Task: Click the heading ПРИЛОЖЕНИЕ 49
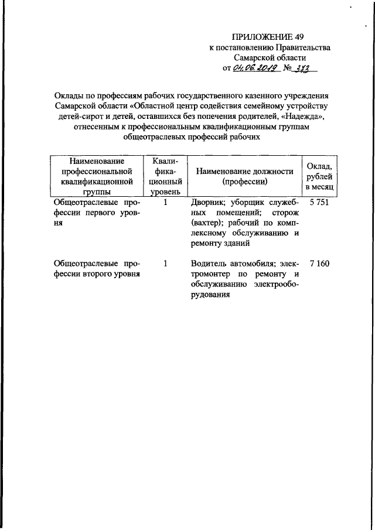(270, 37)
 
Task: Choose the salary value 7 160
(319, 264)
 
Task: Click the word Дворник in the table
(207, 202)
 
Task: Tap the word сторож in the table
(285, 213)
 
